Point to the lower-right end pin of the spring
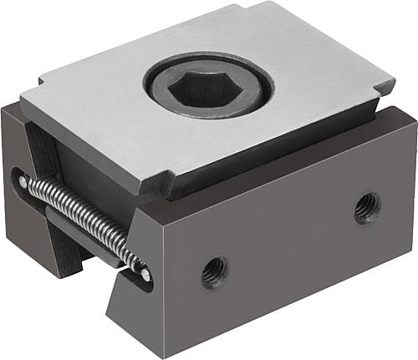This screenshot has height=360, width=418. [x=145, y=273]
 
